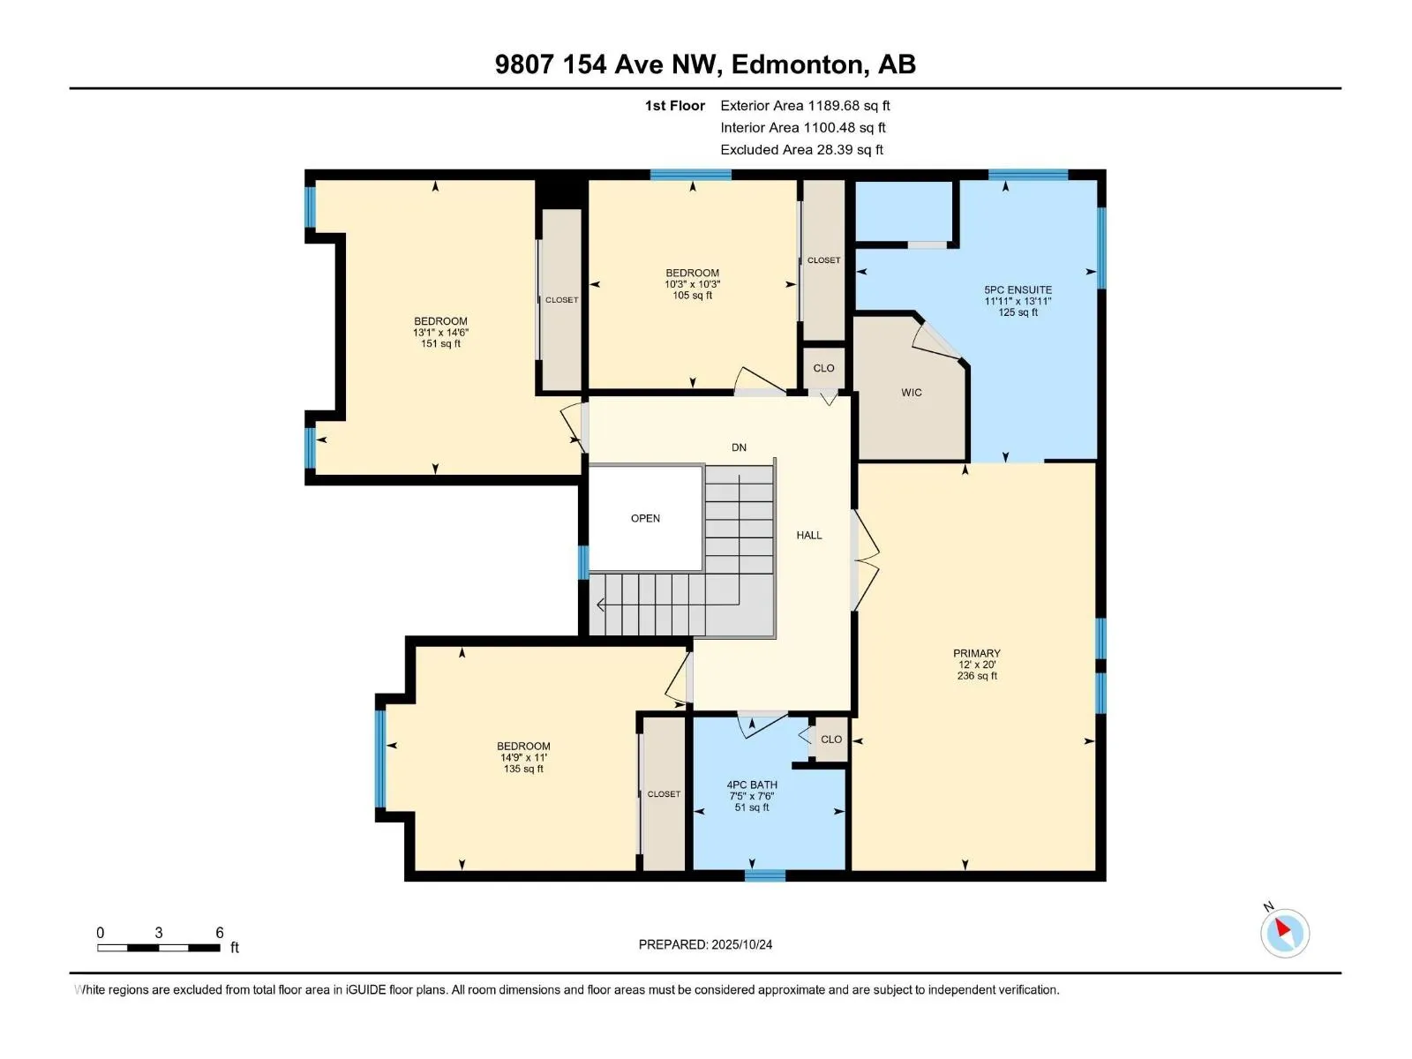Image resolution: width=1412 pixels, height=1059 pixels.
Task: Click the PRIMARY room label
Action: [x=976, y=654]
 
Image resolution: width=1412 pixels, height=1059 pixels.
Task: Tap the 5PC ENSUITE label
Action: [x=1018, y=289]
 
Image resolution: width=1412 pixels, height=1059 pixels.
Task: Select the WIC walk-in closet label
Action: [x=912, y=393]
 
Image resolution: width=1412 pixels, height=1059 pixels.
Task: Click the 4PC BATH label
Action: [x=752, y=785]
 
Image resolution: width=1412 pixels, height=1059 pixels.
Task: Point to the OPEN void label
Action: [x=645, y=518]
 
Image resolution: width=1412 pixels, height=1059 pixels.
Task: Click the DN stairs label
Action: [x=739, y=447]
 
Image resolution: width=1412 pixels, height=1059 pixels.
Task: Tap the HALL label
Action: [x=808, y=535]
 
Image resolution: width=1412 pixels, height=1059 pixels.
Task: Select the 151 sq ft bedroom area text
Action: [x=440, y=344]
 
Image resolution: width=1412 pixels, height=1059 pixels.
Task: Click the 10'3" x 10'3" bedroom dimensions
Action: [x=692, y=284]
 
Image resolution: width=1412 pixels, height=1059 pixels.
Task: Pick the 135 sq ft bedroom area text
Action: [x=523, y=769]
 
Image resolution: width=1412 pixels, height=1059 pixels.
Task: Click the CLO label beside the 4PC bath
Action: [x=831, y=740]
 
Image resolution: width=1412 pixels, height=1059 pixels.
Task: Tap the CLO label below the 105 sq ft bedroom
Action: [x=823, y=368]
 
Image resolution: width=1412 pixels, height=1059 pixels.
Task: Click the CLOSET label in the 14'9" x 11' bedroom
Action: [x=664, y=794]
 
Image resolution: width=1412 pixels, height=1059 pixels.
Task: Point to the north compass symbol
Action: [x=1284, y=932]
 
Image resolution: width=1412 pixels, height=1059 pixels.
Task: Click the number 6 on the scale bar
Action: [x=220, y=933]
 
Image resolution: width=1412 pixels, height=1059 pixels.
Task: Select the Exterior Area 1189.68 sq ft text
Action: [x=805, y=106]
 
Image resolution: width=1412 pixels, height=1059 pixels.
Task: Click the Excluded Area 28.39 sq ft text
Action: [x=801, y=150]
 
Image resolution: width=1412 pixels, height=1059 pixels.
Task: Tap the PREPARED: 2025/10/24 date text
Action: [x=705, y=944]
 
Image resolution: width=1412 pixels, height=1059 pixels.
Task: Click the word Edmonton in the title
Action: [x=797, y=64]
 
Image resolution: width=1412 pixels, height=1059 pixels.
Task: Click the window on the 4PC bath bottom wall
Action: [x=764, y=875]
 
